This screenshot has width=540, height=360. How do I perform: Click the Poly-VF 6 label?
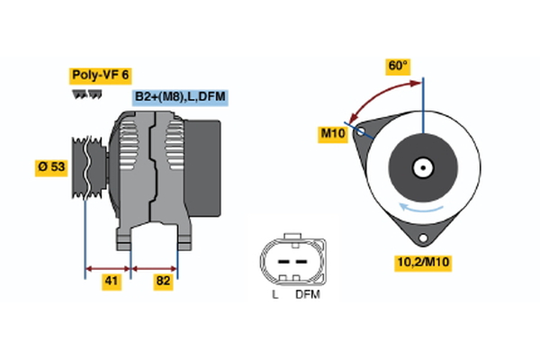coord(100,76)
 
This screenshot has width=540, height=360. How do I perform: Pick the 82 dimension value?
coord(162,283)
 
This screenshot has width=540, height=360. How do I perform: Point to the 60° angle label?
coord(397,66)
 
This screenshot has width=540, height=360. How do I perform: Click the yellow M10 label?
coord(334,134)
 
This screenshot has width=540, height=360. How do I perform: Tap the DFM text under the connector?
coord(307,293)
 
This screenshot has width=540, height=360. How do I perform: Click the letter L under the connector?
coord(274,293)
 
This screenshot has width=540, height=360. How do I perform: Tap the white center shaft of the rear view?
coord(421,167)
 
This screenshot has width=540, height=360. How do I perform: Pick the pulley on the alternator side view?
coord(86,168)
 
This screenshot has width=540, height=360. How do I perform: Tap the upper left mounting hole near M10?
coord(361,132)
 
